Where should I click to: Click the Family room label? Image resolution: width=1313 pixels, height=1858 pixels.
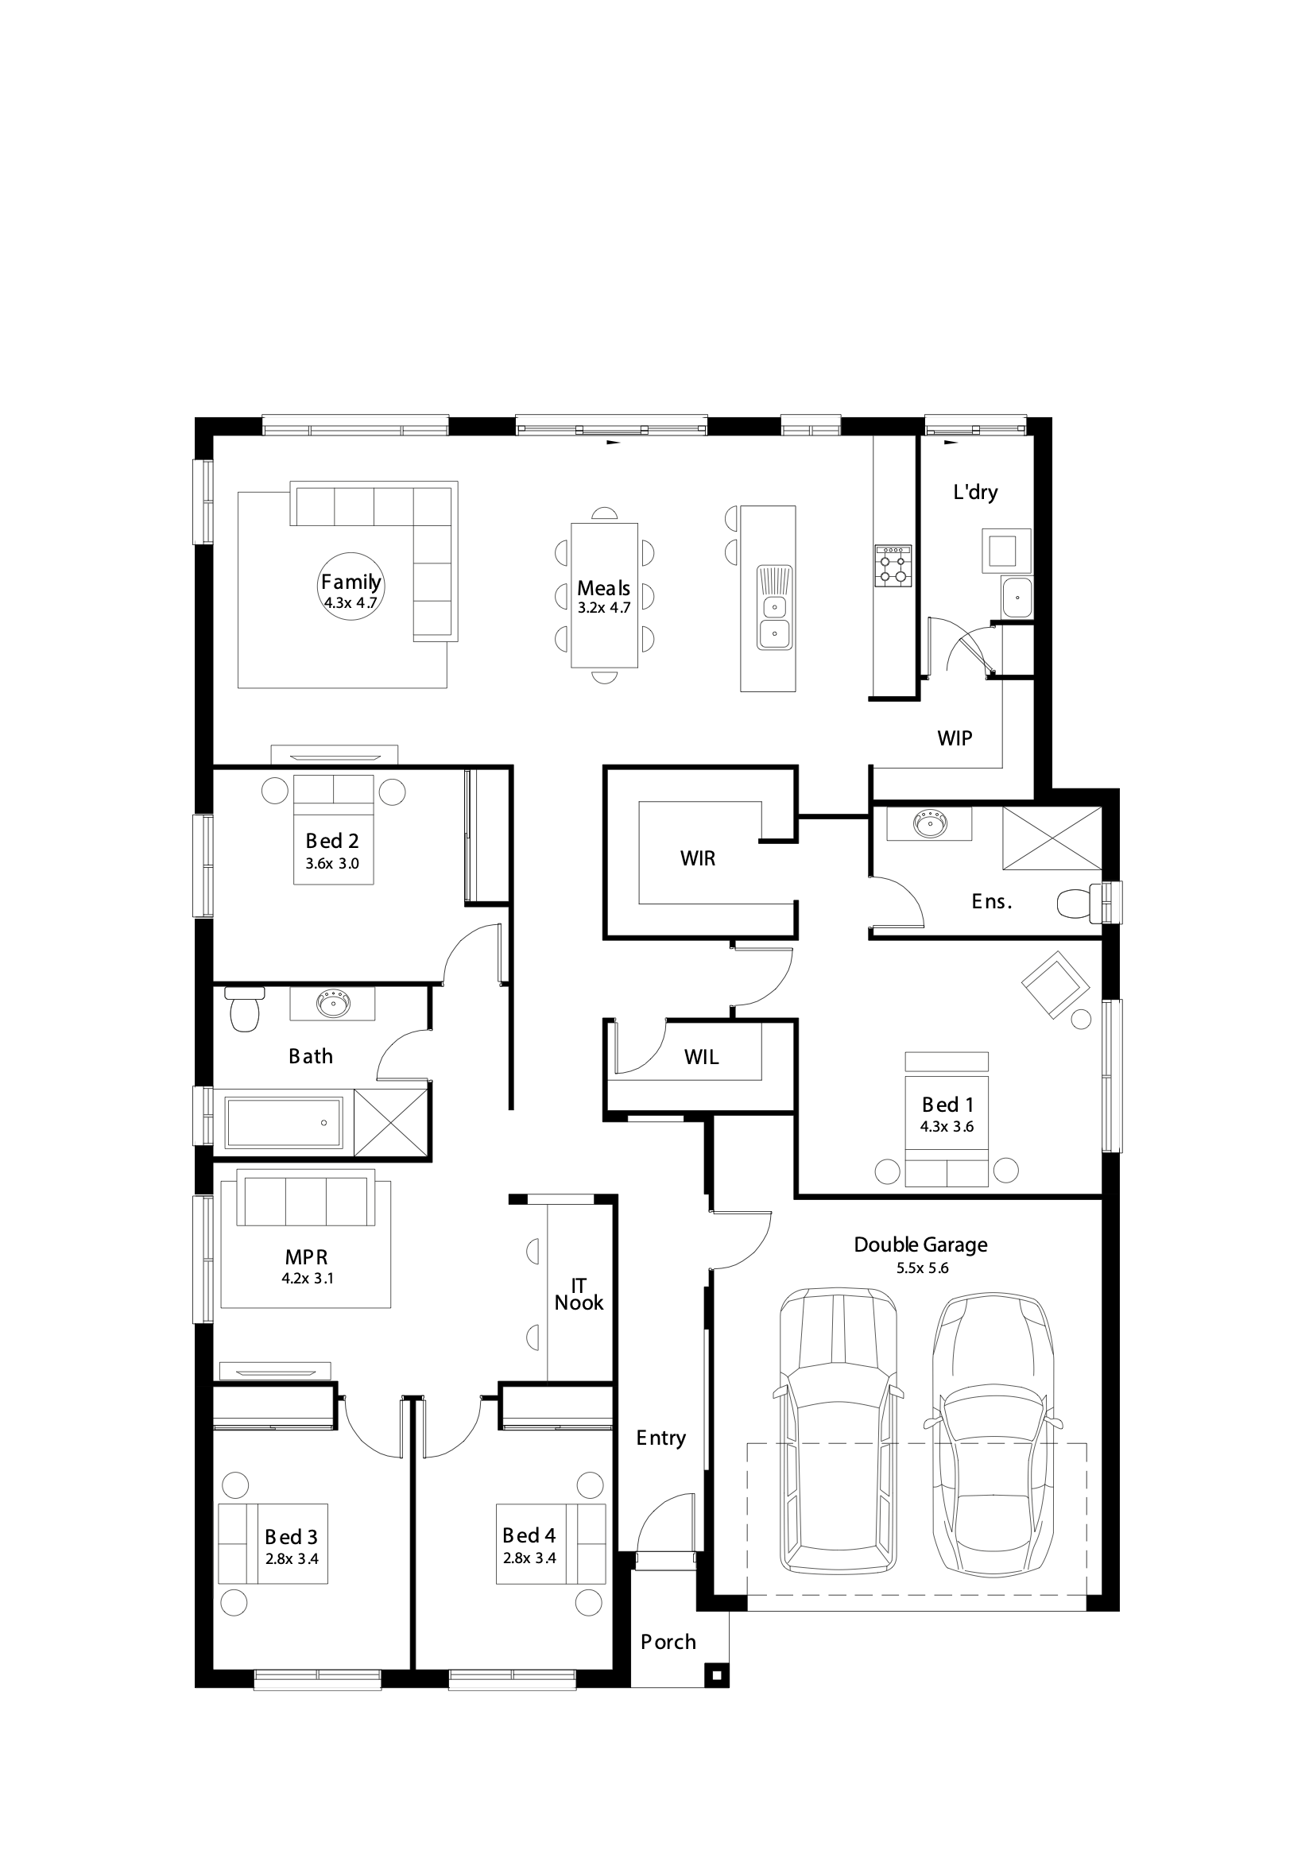pyautogui.click(x=351, y=582)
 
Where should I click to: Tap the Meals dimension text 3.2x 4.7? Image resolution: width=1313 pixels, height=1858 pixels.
pyautogui.click(x=604, y=608)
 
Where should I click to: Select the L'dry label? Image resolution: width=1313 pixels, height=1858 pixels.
pyautogui.click(x=975, y=492)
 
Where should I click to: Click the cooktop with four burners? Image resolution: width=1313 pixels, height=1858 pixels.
pyautogui.click(x=893, y=565)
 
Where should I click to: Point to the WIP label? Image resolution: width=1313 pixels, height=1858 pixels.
pyautogui.click(x=955, y=738)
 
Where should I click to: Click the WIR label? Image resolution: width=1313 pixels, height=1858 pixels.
pyautogui.click(x=698, y=858)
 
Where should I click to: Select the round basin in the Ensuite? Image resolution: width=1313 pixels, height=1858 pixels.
pyautogui.click(x=930, y=825)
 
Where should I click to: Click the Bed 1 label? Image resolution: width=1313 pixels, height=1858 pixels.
pyautogui.click(x=948, y=1105)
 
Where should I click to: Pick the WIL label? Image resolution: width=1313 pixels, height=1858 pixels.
pyautogui.click(x=701, y=1057)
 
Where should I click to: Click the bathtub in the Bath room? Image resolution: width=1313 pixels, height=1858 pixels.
pyautogui.click(x=284, y=1122)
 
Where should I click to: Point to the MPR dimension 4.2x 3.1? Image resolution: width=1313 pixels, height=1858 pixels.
pyautogui.click(x=308, y=1279)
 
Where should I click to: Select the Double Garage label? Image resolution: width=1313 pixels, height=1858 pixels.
pyautogui.click(x=920, y=1244)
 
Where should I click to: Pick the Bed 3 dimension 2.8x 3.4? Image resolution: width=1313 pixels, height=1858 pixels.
pyautogui.click(x=292, y=1558)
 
